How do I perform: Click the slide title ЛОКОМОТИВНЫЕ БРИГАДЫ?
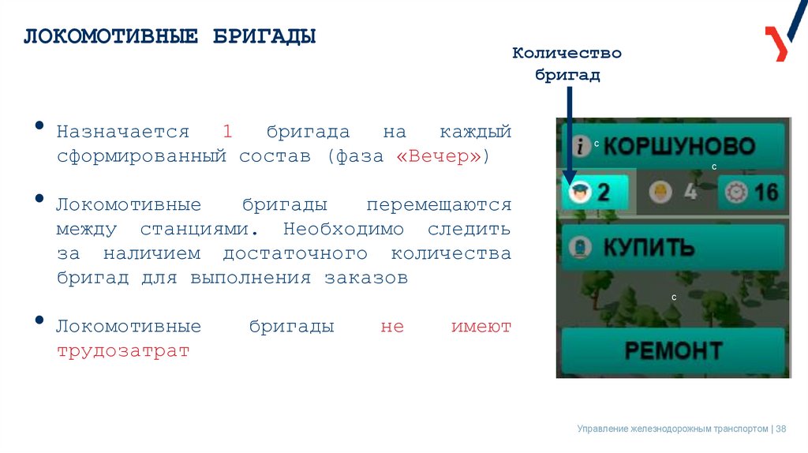point(169,37)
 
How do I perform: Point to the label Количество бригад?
point(567,64)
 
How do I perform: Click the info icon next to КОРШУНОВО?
point(581,146)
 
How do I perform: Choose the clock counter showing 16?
point(753,192)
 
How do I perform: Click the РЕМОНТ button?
point(673,350)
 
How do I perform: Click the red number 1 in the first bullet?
point(227,131)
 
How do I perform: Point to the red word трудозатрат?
point(123,351)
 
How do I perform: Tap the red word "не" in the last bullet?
point(392,327)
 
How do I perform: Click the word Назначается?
point(123,131)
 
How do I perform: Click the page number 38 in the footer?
point(781,429)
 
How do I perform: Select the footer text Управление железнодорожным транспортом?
point(672,429)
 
